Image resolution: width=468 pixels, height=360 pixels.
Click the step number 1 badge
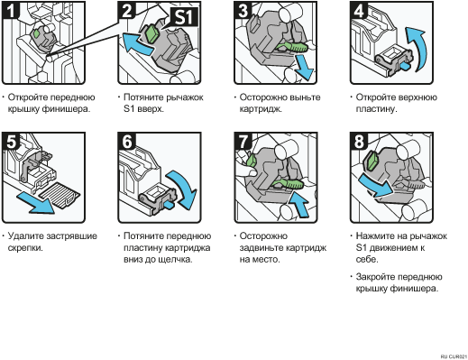pyautogui.click(x=11, y=10)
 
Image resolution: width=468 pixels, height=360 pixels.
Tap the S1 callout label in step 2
pyautogui.click(x=184, y=16)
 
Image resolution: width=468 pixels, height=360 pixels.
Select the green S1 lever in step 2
pyautogui.click(x=152, y=33)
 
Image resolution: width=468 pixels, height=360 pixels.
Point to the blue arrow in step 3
pyautogui.click(x=304, y=68)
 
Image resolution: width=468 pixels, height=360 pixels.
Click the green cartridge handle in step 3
pyautogui.click(x=292, y=47)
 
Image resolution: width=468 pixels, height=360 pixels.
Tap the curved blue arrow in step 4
pyautogui.click(x=418, y=49)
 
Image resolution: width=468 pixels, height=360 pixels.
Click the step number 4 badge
pyautogui.click(x=359, y=10)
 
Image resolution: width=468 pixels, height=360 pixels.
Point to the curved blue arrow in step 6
pyautogui.click(x=183, y=189)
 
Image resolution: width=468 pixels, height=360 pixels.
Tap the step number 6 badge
pyautogui.click(x=126, y=141)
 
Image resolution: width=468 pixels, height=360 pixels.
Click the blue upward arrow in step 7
pyautogui.click(x=299, y=204)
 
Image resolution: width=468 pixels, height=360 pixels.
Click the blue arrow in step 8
pyautogui.click(x=376, y=186)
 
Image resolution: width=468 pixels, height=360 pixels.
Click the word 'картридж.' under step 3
pyautogui.click(x=261, y=109)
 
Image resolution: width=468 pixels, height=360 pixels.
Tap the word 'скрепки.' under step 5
pyautogui.click(x=25, y=248)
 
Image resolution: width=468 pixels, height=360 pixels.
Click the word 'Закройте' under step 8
pyautogui.click(x=375, y=277)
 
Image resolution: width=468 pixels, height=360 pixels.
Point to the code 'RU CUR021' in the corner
pyautogui.click(x=454, y=356)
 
